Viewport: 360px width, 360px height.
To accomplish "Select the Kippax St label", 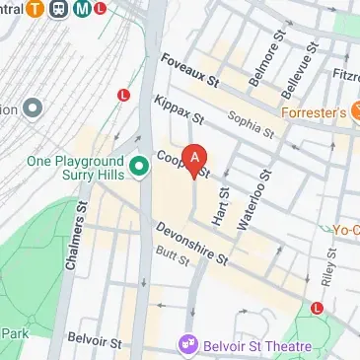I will pos(179,109).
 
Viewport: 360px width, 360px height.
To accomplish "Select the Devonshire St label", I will pos(191,242).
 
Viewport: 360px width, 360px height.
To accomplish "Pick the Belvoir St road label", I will pos(95,344).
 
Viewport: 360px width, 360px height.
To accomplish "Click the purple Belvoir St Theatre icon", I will pos(185,345).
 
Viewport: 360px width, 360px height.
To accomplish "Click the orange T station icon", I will pos(35,10).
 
